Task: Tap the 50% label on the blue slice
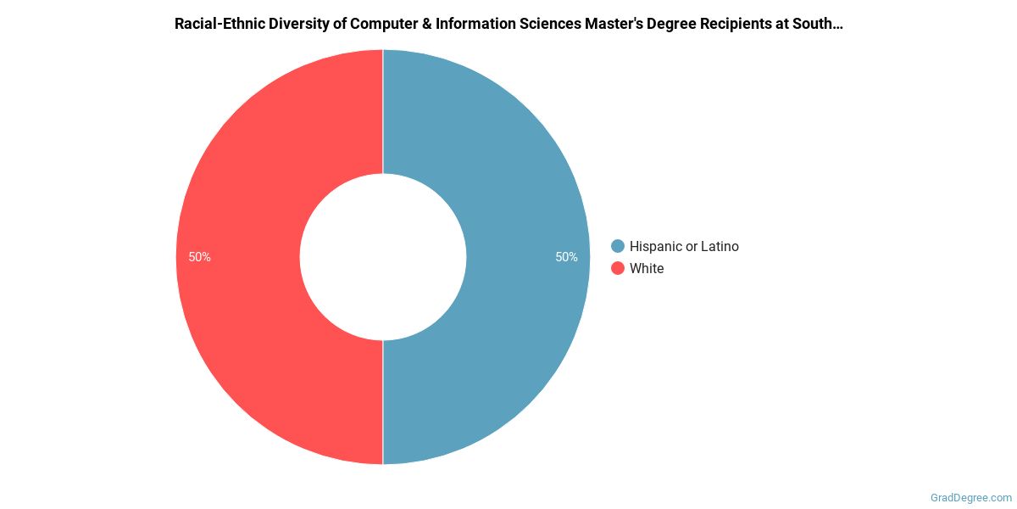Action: (x=566, y=257)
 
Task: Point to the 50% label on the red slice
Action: (x=200, y=257)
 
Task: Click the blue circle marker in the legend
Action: (x=618, y=246)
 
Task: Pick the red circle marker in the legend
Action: (x=618, y=268)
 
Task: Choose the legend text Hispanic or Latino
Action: (x=684, y=246)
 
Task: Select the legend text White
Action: (x=647, y=268)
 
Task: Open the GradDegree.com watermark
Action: (x=971, y=498)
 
